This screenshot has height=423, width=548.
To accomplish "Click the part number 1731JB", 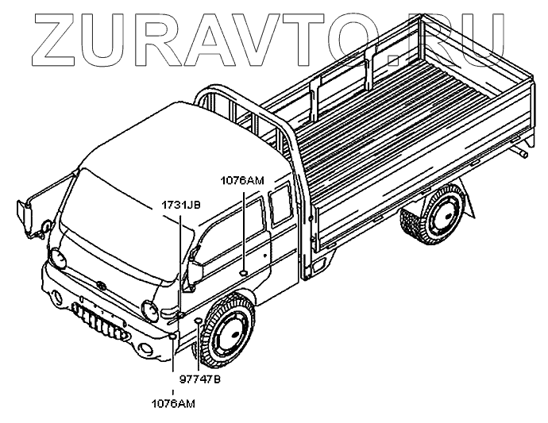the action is coord(180,205).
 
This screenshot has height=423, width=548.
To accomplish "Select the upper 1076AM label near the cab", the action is coord(242,180).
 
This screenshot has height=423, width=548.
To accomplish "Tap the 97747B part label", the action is coord(199,379).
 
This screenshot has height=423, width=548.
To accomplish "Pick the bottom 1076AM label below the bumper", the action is coord(172,403).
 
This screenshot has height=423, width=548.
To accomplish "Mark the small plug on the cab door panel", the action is coord(241,274).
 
